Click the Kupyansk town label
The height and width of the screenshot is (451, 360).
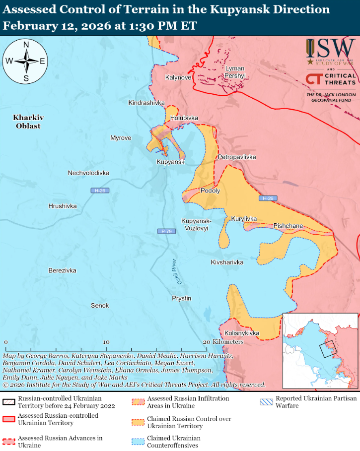(170, 162)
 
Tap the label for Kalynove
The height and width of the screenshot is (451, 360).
(178, 77)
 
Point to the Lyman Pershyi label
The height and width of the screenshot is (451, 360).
(235, 72)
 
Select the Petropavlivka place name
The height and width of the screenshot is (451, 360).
(237, 157)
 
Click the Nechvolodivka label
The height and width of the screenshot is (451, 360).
(88, 173)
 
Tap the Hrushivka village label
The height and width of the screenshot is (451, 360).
(63, 206)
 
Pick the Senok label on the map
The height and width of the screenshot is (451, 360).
(100, 305)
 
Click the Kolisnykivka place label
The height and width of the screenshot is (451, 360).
(242, 333)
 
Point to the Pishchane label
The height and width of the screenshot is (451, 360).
(288, 226)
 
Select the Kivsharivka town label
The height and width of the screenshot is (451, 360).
(227, 262)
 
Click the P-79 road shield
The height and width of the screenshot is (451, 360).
(166, 231)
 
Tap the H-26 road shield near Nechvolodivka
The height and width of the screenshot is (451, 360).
(100, 191)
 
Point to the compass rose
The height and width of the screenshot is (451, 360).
(25, 62)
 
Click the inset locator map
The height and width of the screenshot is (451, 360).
(320, 350)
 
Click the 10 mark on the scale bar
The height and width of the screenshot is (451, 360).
(106, 342)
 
